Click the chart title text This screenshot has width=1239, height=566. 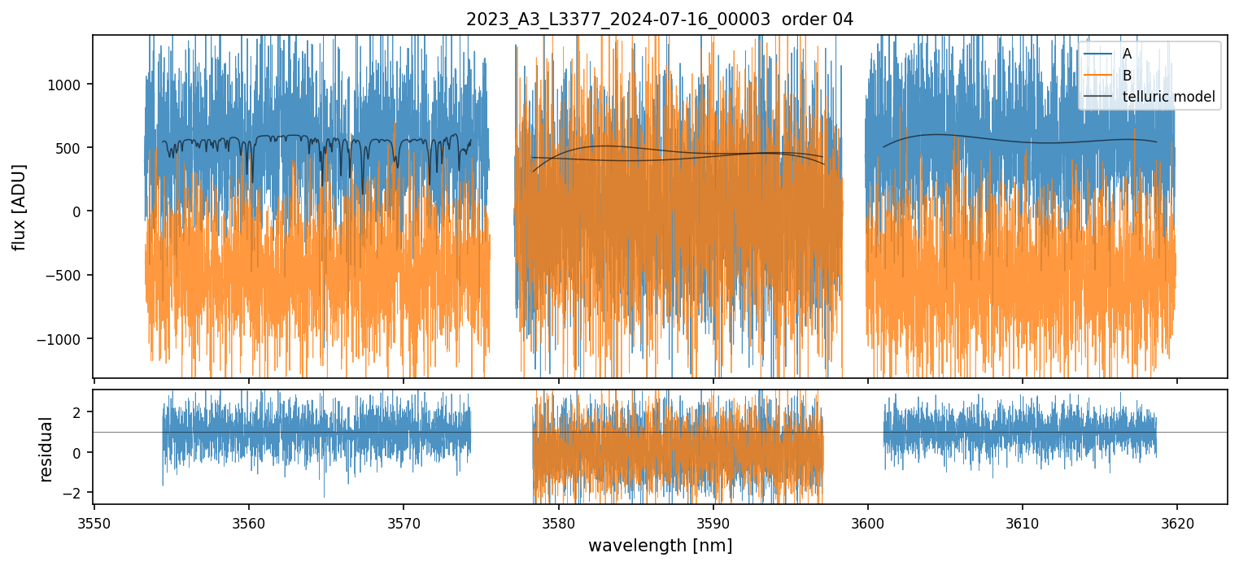point(660,20)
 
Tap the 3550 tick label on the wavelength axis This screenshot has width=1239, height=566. point(94,523)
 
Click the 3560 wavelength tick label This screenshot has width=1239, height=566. point(249,523)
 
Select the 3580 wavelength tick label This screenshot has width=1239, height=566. point(559,523)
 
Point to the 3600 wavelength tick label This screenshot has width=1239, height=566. point(868,523)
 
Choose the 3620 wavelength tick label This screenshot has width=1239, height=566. point(1177,523)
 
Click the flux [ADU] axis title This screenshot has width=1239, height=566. point(19,207)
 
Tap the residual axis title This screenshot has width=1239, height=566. point(46,449)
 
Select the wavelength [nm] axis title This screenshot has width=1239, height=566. point(660,545)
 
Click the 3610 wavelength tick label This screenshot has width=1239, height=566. point(1023,523)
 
